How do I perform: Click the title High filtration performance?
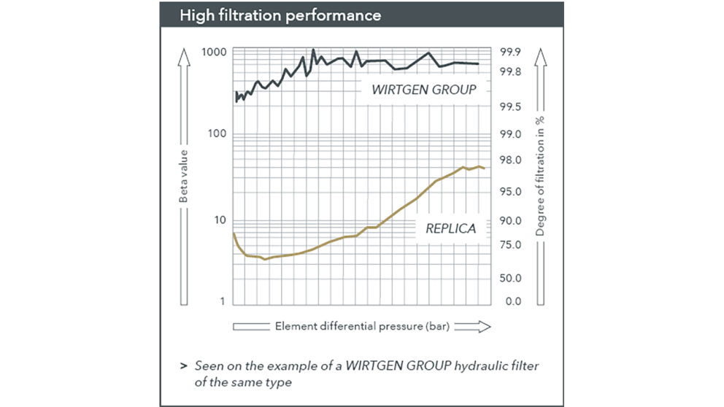(x=281, y=15)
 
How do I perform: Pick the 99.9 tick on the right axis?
(x=510, y=53)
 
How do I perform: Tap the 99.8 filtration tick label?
(x=510, y=71)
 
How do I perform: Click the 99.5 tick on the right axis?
(x=510, y=107)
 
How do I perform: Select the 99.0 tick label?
(x=510, y=135)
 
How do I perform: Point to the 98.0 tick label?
(x=510, y=160)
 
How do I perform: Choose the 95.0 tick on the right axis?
(x=510, y=192)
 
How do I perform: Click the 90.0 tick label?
(x=510, y=221)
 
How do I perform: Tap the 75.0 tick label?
(x=510, y=245)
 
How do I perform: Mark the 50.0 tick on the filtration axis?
(x=510, y=278)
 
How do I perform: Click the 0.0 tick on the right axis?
(x=510, y=301)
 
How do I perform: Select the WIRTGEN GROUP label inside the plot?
(x=424, y=90)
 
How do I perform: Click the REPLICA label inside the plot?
(x=450, y=228)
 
